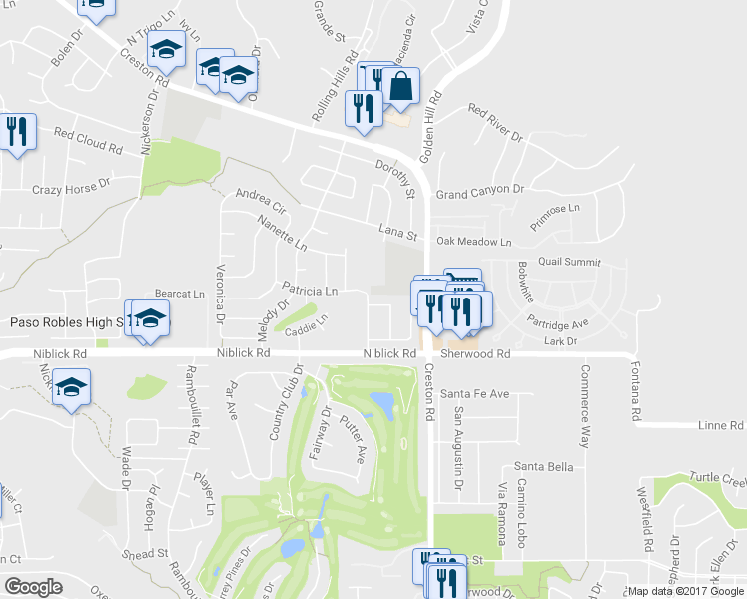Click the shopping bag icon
[400, 87]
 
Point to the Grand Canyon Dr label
[480, 190]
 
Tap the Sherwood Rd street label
[476, 353]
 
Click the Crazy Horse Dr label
[68, 190]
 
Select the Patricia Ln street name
[310, 292]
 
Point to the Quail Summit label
[570, 262]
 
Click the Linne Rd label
[722, 425]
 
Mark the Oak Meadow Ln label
[473, 242]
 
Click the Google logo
[34, 586]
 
